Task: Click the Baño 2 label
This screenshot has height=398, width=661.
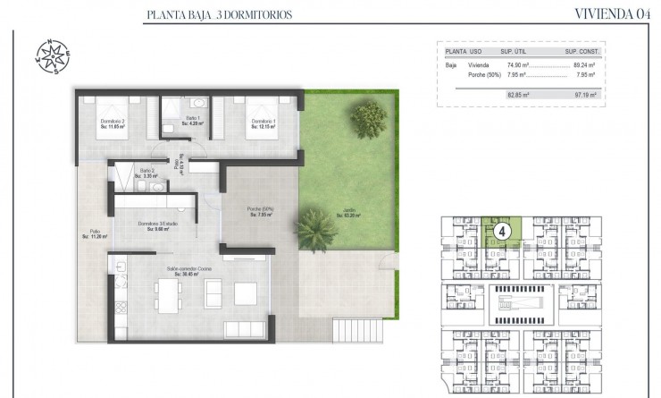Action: [145, 174]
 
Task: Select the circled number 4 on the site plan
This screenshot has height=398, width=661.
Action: [502, 231]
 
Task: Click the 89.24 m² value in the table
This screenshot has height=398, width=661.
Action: [584, 65]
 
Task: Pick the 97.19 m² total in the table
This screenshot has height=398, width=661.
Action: [584, 92]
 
